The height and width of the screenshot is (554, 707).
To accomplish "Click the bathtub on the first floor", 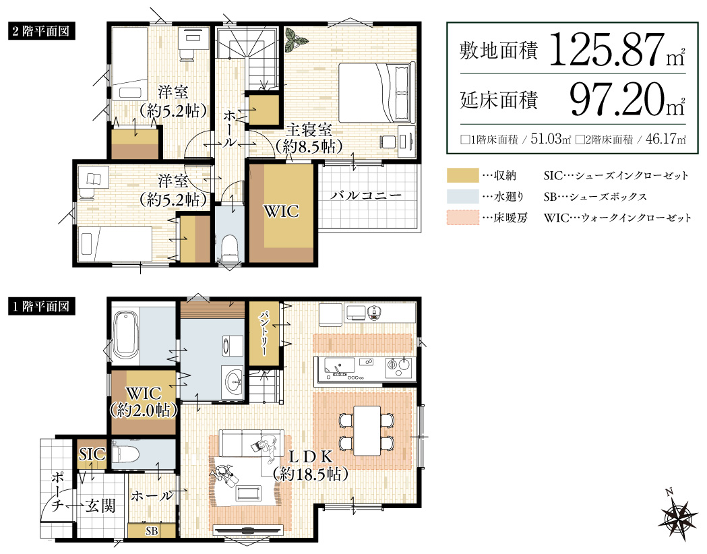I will tap(127, 335).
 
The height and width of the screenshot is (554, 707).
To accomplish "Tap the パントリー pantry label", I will tap(264, 335).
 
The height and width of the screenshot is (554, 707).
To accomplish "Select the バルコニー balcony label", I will tap(366, 196).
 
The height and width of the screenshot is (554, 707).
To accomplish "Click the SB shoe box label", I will tap(152, 531).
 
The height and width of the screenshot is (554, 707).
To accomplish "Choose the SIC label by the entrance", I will tap(92, 454).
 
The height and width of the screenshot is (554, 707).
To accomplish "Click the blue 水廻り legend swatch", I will tap(462, 196).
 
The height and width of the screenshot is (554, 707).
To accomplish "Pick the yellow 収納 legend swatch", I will tap(462, 176).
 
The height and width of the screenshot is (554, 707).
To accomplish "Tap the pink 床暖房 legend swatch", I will tap(462, 217).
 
